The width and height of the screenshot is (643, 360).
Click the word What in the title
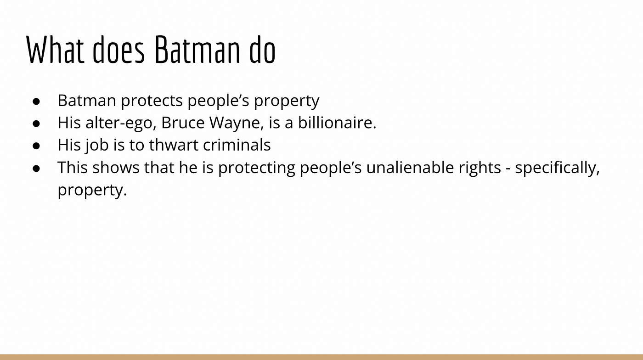point(55,50)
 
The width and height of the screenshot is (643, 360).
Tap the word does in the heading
point(118,50)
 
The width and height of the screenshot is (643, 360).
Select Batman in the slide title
point(197,50)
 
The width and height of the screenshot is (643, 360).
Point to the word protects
point(152,101)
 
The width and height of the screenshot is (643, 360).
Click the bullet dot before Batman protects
point(36,101)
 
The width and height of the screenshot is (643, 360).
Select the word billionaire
point(337,123)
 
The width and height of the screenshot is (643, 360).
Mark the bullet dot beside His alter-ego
point(36,124)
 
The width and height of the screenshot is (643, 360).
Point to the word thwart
point(174,145)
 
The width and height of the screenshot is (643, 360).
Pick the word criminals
point(237,145)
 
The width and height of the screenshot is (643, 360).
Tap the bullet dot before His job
point(36,146)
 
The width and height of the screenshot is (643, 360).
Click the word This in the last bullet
point(73,167)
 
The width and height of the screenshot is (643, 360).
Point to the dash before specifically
point(508,169)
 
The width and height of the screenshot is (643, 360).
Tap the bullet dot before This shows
point(36,169)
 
